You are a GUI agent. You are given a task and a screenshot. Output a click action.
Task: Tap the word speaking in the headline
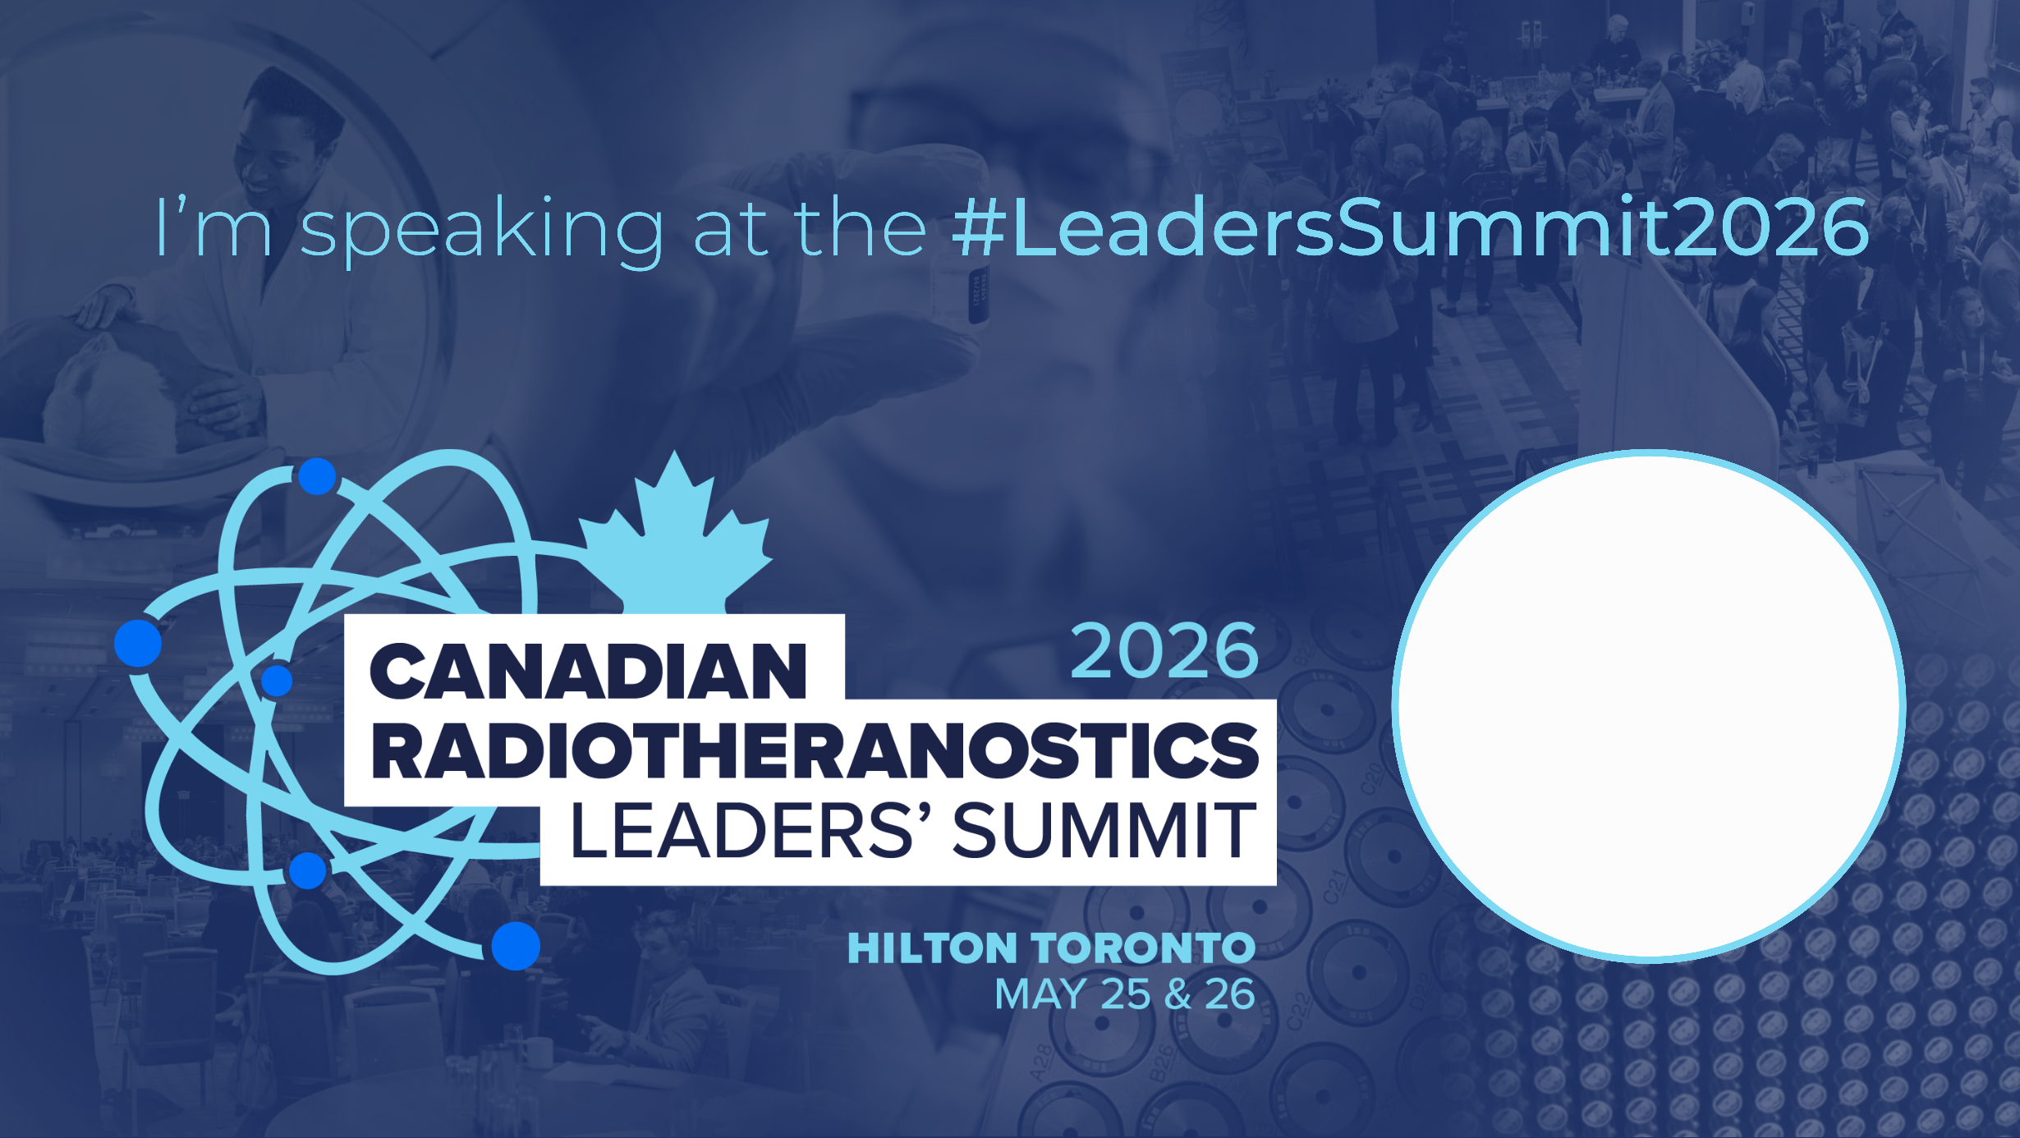pyautogui.click(x=481, y=230)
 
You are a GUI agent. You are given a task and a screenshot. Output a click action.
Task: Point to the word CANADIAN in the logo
pyautogui.click(x=588, y=672)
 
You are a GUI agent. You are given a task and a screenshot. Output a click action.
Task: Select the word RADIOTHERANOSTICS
pyautogui.click(x=815, y=750)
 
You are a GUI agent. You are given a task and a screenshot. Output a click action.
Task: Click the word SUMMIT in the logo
pyautogui.click(x=1104, y=831)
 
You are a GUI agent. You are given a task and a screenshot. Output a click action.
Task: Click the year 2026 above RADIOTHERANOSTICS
pyautogui.click(x=1164, y=651)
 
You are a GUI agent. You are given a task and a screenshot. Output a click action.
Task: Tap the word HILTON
pyautogui.click(x=932, y=948)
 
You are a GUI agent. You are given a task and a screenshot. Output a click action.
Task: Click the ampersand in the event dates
pyautogui.click(x=1178, y=994)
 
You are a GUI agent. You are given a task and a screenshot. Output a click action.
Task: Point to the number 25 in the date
pyautogui.click(x=1125, y=994)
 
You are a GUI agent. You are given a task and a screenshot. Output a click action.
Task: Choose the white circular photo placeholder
pyautogui.click(x=1648, y=705)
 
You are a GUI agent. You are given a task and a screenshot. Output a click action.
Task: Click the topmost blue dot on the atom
pyautogui.click(x=317, y=476)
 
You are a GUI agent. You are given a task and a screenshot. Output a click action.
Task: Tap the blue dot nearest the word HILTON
pyautogui.click(x=516, y=946)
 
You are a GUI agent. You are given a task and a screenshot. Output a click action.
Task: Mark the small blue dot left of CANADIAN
pyautogui.click(x=277, y=681)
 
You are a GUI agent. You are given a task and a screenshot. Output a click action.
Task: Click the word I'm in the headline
pyautogui.click(x=213, y=227)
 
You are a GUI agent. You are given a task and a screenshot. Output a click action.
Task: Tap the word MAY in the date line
pyautogui.click(x=1041, y=994)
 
